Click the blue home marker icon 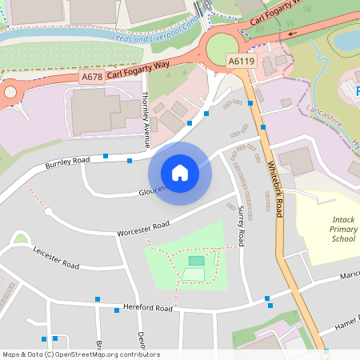point(180,173)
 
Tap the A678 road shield point(93,77)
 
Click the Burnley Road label point(67,163)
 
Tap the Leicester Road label point(56,257)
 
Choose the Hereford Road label point(148,308)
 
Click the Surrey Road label point(241,225)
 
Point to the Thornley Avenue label point(146,118)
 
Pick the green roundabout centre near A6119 point(226,49)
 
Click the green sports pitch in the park point(196,261)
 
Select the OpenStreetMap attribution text point(81,354)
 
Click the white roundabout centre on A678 point(10,92)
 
